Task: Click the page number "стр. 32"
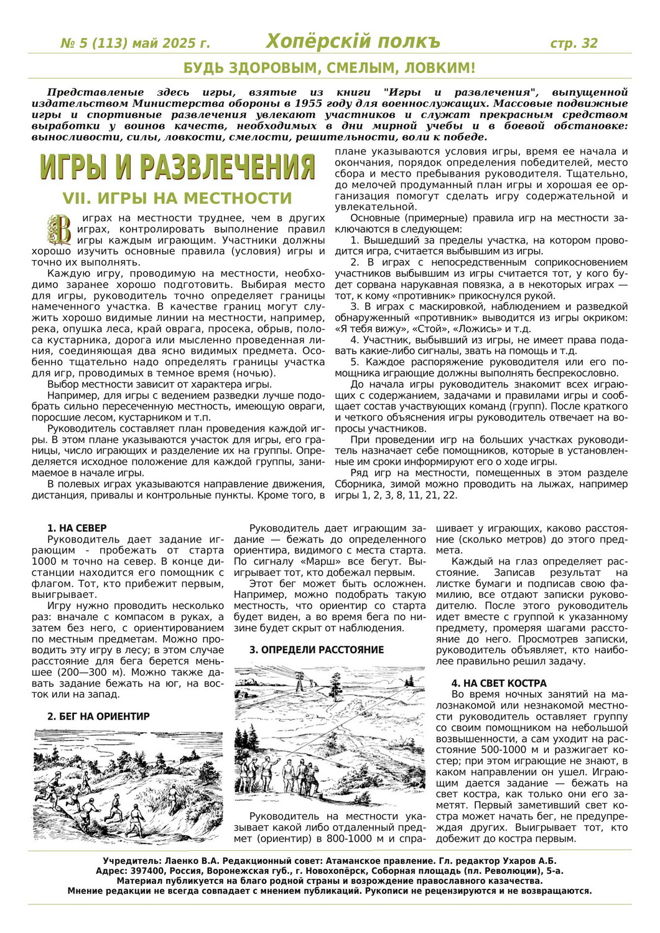[574, 43]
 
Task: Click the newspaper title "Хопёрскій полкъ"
[353, 42]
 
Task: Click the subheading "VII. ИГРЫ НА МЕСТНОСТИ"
[177, 198]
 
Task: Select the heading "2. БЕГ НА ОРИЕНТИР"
[98, 717]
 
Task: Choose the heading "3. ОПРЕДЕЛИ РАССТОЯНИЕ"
[317, 650]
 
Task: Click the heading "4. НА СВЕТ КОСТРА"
[499, 683]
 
